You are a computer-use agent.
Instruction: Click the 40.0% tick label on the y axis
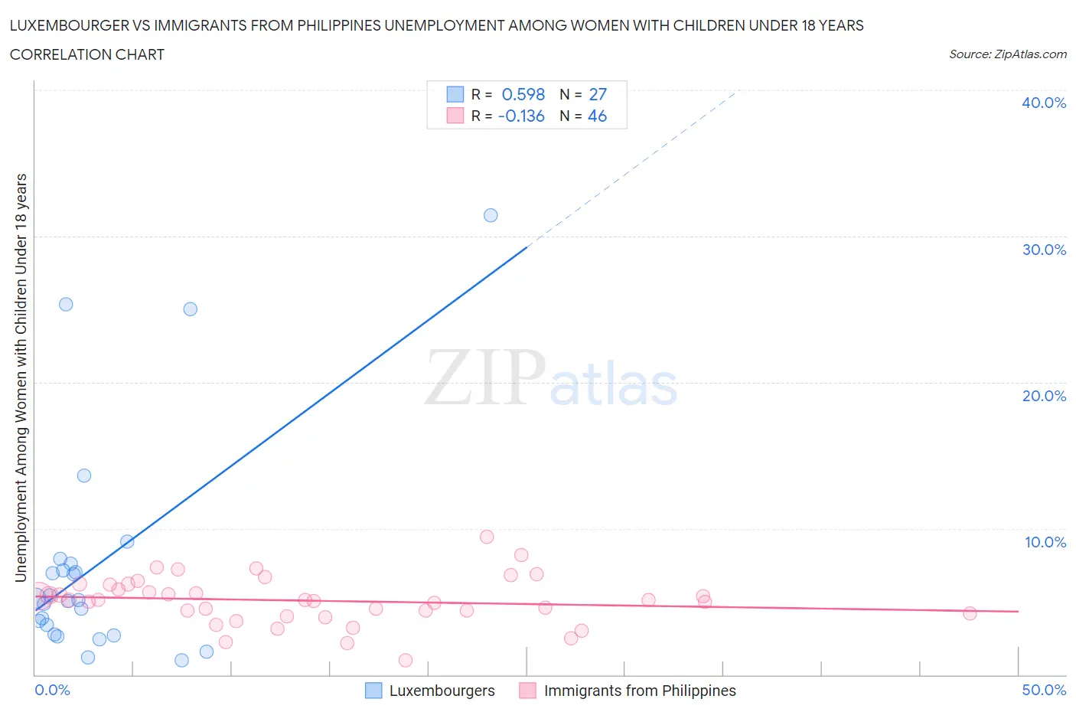coord(1043,103)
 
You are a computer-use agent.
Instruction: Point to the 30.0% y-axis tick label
coord(1043,250)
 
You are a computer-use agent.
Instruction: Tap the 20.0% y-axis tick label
coord(1043,396)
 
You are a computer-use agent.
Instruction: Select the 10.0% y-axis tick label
coord(1045,542)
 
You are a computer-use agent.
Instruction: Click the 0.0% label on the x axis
coord(52,690)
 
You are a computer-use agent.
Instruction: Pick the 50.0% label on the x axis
coord(1043,690)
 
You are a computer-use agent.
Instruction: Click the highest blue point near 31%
coord(491,215)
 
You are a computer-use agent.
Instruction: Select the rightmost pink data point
coord(970,613)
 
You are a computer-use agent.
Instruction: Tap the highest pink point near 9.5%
coord(487,537)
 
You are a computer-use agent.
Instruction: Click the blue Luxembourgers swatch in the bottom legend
coord(373,691)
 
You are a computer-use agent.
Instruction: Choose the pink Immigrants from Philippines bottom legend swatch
coord(527,691)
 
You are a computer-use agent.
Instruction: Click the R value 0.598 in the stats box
coord(523,94)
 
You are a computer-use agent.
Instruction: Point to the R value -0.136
coord(520,116)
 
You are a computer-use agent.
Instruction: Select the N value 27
coord(597,94)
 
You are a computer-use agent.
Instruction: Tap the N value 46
coord(597,116)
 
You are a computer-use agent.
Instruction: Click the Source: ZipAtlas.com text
coord(1007,54)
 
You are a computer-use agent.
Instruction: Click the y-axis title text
coord(21,377)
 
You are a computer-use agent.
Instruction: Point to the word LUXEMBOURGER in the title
coord(70,25)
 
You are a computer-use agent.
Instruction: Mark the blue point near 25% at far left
coord(66,304)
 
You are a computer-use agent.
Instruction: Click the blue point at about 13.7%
coord(84,475)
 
